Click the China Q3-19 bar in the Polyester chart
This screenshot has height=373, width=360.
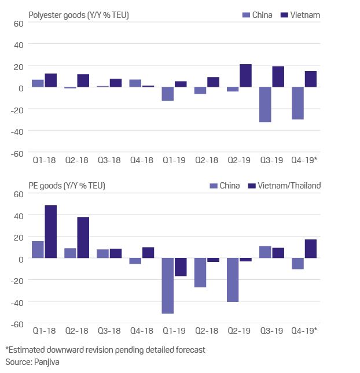(265, 105)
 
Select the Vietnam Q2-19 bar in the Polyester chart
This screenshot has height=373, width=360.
(245, 76)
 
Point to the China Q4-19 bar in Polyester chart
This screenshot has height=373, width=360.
(297, 104)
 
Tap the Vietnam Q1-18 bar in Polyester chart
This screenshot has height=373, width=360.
(50, 80)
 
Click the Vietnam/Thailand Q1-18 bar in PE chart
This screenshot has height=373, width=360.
(50, 232)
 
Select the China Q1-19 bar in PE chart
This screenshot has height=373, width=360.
(168, 286)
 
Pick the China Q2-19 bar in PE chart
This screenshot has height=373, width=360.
(233, 280)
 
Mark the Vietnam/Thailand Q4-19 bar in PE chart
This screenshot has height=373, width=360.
(311, 249)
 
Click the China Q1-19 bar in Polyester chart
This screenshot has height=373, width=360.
(168, 94)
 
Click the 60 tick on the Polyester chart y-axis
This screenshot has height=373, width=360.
(17, 24)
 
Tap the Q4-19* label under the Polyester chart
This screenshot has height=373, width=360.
(304, 160)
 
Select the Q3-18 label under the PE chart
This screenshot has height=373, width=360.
(108, 330)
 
